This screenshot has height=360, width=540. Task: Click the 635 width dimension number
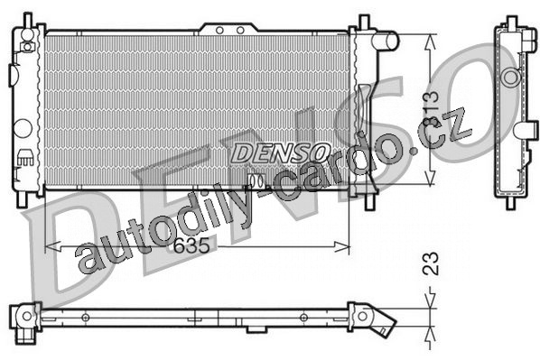(191, 245)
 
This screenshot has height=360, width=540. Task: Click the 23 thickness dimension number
(431, 263)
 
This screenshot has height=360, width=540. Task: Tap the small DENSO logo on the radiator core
(280, 152)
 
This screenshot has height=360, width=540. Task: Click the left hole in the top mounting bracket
(219, 31)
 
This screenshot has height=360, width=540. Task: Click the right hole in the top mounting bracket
(240, 31)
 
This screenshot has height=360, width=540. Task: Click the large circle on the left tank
(23, 128)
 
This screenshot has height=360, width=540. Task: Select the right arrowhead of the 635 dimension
(342, 246)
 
